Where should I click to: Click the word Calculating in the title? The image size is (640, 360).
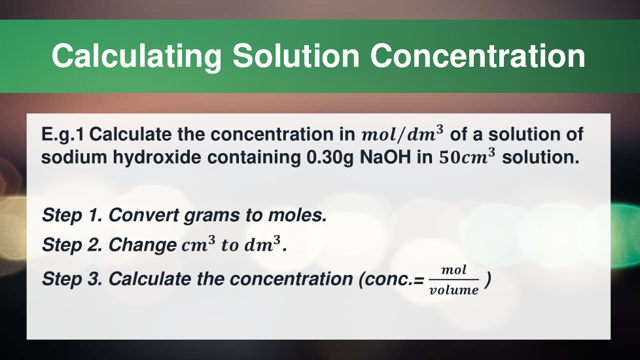coord(137,56)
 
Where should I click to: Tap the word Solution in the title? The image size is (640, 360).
coord(296,56)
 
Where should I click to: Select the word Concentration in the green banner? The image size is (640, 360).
coord(478,56)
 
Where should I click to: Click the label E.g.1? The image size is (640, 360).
coord(62,135)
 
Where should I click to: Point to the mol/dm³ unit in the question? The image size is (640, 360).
coord(402,134)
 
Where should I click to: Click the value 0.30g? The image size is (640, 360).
coord(330,158)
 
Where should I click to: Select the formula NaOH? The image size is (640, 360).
coord(385,157)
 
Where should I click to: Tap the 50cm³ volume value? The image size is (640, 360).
coord(467,156)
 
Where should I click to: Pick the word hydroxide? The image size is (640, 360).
coord(157,158)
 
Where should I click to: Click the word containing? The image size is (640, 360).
coord(254,158)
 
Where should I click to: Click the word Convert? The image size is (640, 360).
coord(143,215)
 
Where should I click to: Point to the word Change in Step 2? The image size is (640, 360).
coord(143,245)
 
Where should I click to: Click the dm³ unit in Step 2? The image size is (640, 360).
coord(262,244)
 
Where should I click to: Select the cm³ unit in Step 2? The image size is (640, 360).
coord(198,244)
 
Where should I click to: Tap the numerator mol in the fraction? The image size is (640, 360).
coord(454,270)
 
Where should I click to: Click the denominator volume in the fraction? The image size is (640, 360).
coord(454,290)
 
